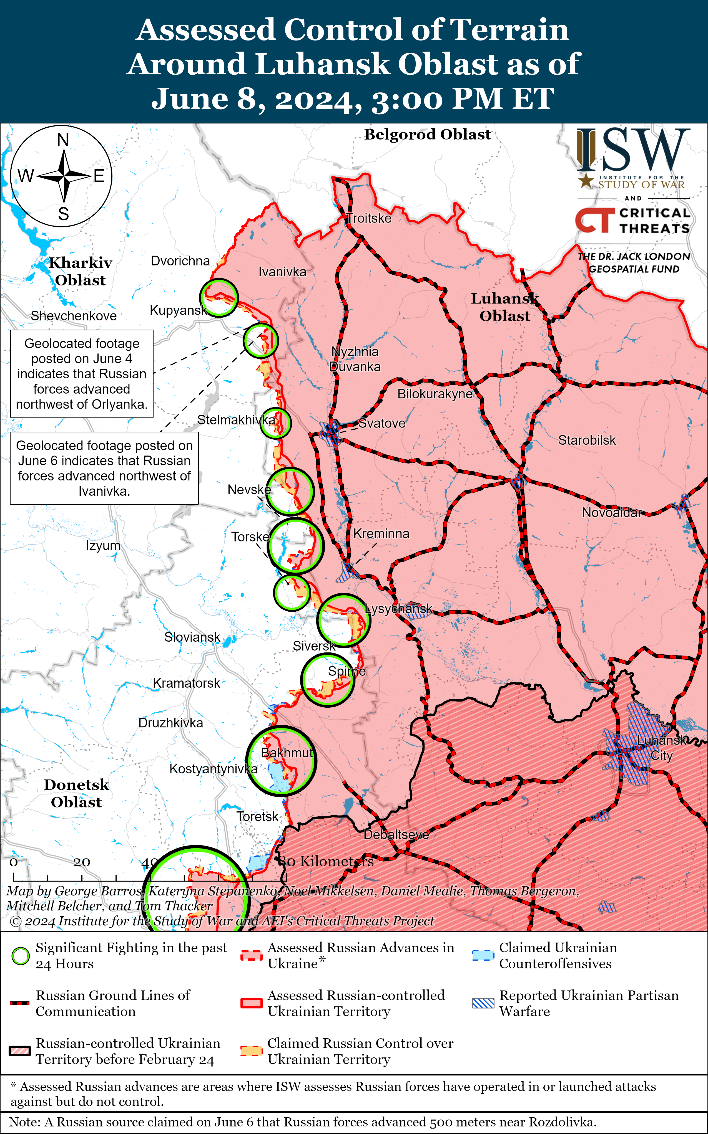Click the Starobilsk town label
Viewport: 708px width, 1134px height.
coord(587,440)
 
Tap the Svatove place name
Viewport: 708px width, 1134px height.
coord(382,423)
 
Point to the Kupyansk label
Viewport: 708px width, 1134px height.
coord(178,310)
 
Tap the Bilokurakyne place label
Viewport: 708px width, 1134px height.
coord(435,394)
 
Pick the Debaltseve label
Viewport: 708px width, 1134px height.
coord(396,835)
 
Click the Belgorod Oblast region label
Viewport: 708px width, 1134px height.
coord(428,135)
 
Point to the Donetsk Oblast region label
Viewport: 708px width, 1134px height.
coord(76,793)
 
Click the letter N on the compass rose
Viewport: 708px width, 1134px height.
coord(63,140)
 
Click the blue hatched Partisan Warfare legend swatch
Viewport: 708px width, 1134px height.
coord(483,1003)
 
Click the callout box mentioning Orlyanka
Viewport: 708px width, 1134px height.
coord(82,374)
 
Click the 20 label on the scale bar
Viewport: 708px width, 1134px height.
coord(81,862)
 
